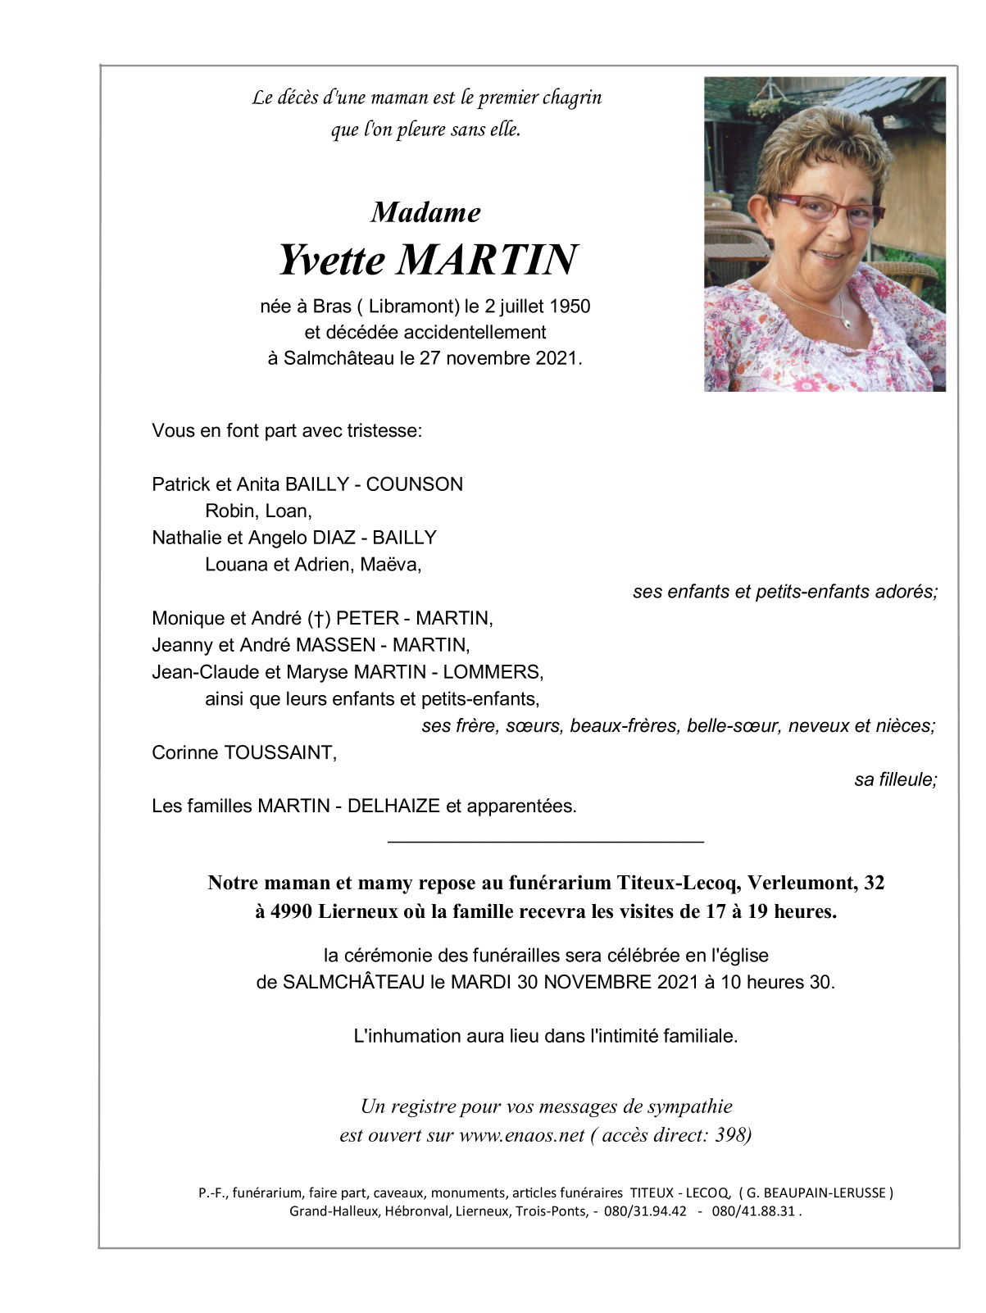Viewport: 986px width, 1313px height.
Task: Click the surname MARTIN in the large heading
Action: coord(488,260)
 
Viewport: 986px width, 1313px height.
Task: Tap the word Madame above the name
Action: coord(425,212)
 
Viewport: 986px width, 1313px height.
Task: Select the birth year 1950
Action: coord(570,307)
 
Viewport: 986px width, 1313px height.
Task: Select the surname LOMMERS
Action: coord(493,672)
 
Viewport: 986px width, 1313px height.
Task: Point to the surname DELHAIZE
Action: coord(393,806)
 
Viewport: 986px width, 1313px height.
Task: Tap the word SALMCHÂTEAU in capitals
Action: coord(353,982)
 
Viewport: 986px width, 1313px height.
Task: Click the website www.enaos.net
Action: coord(521,1135)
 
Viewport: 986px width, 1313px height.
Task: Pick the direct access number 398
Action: coord(730,1135)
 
